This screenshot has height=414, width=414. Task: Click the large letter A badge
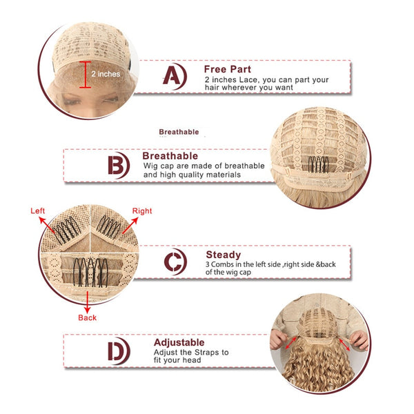[x=175, y=76]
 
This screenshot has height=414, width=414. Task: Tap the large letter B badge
[x=118, y=166]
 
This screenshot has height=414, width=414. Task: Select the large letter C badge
[x=175, y=262]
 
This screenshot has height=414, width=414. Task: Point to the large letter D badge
[x=119, y=351]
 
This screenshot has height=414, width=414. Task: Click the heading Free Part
[x=227, y=69]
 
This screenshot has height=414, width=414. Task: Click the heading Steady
[x=224, y=255]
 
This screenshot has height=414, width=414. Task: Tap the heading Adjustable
[x=179, y=343]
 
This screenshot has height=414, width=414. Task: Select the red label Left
[x=37, y=210]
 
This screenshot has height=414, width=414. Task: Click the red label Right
[x=142, y=211]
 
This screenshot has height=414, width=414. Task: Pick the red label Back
[x=87, y=317]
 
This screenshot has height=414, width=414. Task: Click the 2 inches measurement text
[x=106, y=74]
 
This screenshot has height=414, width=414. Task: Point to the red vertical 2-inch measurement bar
[x=85, y=75]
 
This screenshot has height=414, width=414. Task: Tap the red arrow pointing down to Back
[x=88, y=302]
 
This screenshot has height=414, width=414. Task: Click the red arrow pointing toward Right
[x=130, y=225]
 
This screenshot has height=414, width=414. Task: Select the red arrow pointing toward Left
[x=47, y=225]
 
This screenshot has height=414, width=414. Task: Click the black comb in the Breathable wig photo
[x=318, y=164]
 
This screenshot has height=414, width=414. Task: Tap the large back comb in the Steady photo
[x=90, y=273]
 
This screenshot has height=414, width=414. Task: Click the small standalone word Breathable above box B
[x=179, y=132]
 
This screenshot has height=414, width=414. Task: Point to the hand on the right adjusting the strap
[x=359, y=339]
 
